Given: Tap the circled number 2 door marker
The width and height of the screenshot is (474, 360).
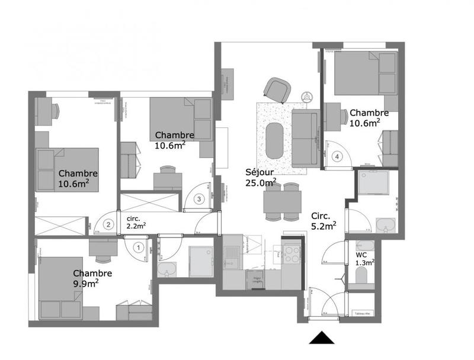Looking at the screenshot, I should (108, 224).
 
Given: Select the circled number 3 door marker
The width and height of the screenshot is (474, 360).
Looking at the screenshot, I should (200, 198).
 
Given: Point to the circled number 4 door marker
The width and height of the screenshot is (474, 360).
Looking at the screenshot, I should (337, 157).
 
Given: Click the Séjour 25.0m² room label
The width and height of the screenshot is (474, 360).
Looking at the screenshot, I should (260, 177).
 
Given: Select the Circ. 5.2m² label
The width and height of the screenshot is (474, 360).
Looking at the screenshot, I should (324, 220).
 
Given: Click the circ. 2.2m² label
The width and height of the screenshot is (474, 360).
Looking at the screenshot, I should (136, 221).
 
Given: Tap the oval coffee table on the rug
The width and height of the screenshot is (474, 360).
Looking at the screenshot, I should (274, 140).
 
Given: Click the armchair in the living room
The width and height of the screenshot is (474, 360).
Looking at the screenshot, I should (276, 89).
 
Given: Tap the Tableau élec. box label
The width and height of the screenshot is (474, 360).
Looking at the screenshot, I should (361, 313).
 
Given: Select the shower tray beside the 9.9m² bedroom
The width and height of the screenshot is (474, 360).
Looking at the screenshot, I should (200, 260).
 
